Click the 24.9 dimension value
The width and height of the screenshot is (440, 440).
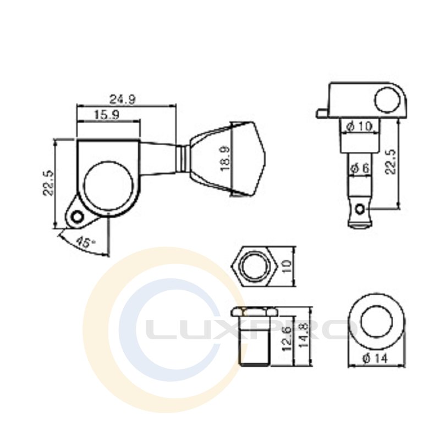122,99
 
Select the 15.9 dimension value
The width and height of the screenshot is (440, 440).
107,114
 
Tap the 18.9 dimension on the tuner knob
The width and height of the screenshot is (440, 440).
225,158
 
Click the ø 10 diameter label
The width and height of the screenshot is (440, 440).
359,127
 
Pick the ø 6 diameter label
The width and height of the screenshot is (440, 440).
360,168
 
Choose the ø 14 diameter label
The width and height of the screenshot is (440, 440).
375,359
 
